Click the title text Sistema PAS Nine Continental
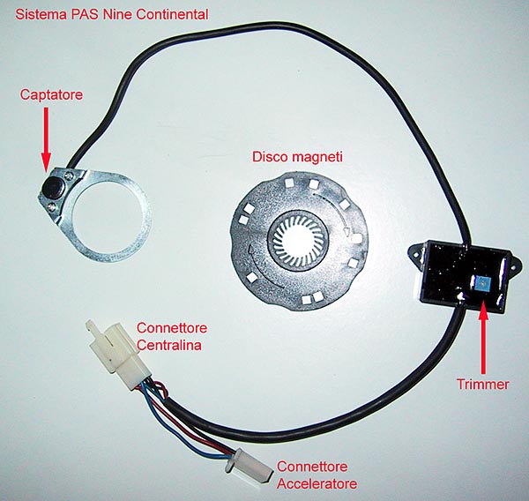pyautogui.click(x=112, y=14)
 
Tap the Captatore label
pyautogui.click(x=51, y=95)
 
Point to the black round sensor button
pyautogui.click(x=54, y=185)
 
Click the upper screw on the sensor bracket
pyautogui.click(x=70, y=176)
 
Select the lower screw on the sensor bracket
pyautogui.click(x=52, y=206)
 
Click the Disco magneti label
pyautogui.click(x=297, y=157)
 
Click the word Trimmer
pyautogui.click(x=483, y=385)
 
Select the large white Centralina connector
pyautogui.click(x=119, y=356)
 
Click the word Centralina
pyautogui.click(x=169, y=346)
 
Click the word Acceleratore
pyautogui.click(x=317, y=483)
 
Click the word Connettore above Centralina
pyautogui.click(x=172, y=328)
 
